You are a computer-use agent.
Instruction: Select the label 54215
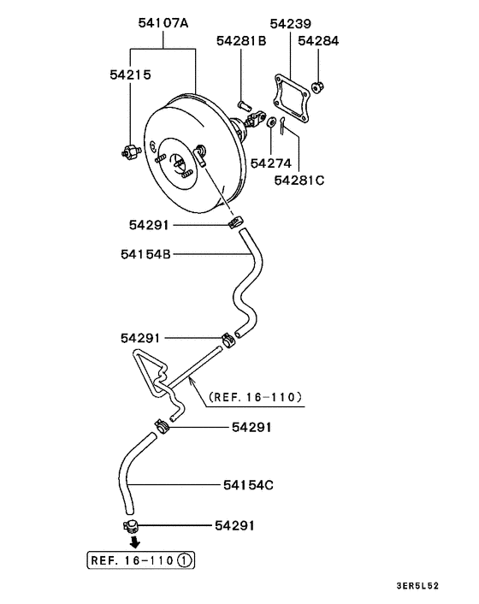(x=130, y=74)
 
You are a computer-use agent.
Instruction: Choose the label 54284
(x=319, y=40)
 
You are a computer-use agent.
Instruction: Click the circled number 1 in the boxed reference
(x=186, y=560)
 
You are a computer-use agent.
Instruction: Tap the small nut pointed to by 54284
(x=318, y=85)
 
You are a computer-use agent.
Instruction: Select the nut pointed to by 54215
(x=127, y=151)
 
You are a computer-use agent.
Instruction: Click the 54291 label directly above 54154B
(x=151, y=225)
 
